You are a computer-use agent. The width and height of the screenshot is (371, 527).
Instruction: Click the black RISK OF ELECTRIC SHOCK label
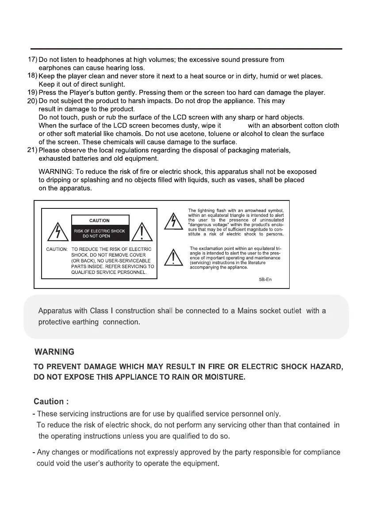click(x=99, y=233)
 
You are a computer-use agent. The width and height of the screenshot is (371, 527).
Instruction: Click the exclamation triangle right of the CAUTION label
click(x=142, y=232)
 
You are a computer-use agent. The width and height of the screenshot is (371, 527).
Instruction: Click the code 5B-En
click(x=266, y=280)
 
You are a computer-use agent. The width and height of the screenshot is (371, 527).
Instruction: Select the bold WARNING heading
click(x=54, y=352)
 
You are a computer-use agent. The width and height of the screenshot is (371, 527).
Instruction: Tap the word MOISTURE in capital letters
click(x=220, y=377)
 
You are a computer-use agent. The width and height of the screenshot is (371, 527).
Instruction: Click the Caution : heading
click(x=51, y=401)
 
